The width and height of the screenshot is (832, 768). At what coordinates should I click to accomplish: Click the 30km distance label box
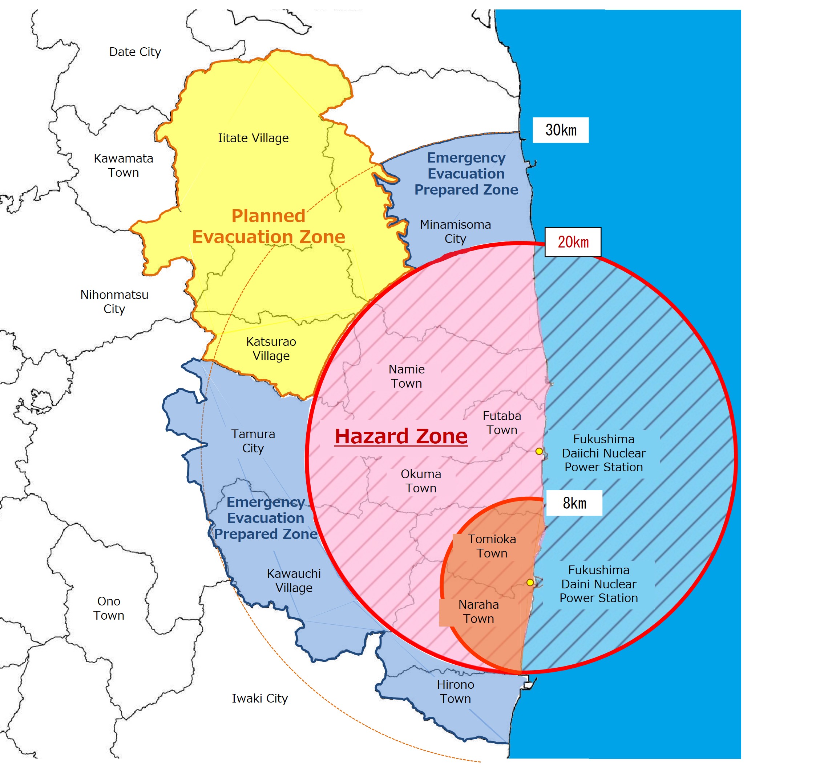coord(561,130)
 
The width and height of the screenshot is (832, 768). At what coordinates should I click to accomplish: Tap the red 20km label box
coord(573,242)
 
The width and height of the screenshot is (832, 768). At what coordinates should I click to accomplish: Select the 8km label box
coord(574,503)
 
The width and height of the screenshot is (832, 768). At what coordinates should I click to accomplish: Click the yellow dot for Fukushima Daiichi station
coord(539,451)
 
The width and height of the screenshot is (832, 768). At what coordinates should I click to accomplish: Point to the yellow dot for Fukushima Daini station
coord(530,583)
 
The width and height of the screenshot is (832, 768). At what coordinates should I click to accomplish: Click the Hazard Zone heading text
coord(401,436)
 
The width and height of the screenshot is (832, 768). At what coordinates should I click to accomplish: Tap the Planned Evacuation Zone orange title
coord(268,227)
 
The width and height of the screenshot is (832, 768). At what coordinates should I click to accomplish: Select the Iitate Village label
coord(253,138)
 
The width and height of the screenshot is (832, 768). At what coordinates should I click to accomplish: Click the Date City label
coord(135,52)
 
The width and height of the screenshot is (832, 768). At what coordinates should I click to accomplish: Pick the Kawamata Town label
coord(123,165)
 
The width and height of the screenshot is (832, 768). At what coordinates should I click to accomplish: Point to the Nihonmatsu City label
coord(114,302)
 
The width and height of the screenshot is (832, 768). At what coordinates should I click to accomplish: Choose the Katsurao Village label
coord(271,349)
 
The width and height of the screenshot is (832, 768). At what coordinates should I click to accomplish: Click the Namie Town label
coord(407,376)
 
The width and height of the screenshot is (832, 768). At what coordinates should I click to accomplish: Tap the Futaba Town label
coord(502,423)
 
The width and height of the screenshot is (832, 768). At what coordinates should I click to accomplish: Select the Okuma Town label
coord(421,481)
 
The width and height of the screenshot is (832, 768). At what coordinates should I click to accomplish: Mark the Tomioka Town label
coord(492,546)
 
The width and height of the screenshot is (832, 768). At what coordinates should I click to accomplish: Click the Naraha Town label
coord(479,611)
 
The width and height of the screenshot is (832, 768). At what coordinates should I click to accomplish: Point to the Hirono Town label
coord(456,692)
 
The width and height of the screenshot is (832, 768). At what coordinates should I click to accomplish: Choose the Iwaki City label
coord(260,698)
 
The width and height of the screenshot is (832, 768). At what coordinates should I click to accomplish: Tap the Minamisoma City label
coord(456,232)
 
